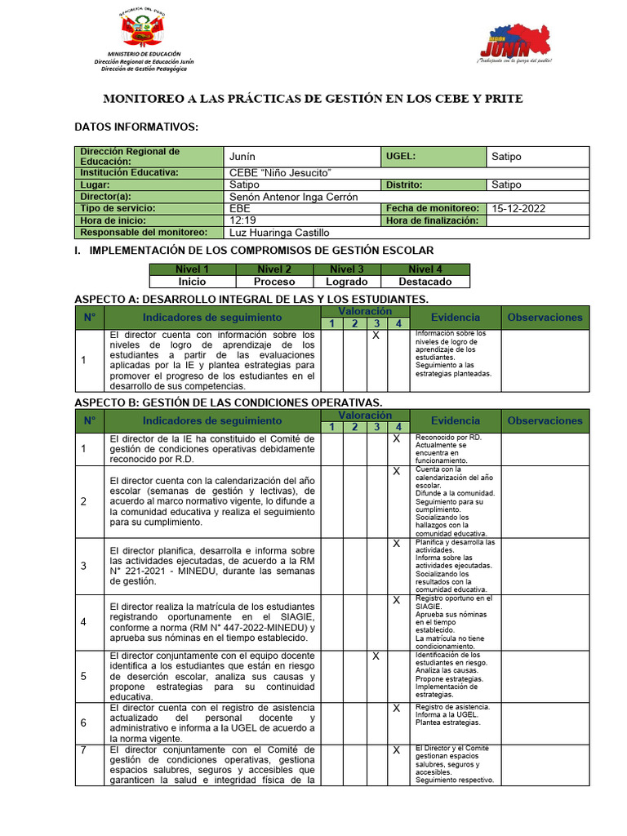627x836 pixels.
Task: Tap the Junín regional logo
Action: (x=514, y=46)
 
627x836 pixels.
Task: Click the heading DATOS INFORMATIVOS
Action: (x=136, y=127)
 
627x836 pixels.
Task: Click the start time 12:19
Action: (x=244, y=220)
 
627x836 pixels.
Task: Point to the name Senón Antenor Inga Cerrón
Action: (x=294, y=197)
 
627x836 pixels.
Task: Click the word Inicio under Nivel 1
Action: (x=192, y=282)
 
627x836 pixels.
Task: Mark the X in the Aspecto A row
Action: (x=376, y=335)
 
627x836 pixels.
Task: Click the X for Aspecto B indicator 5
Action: (x=376, y=656)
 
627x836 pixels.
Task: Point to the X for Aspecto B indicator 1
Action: (x=396, y=438)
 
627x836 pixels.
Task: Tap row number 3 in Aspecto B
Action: (x=83, y=566)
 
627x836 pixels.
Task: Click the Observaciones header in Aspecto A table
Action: (x=545, y=318)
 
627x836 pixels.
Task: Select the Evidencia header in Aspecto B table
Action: (x=455, y=420)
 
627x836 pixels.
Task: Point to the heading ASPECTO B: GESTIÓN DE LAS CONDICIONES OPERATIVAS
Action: (x=228, y=402)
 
